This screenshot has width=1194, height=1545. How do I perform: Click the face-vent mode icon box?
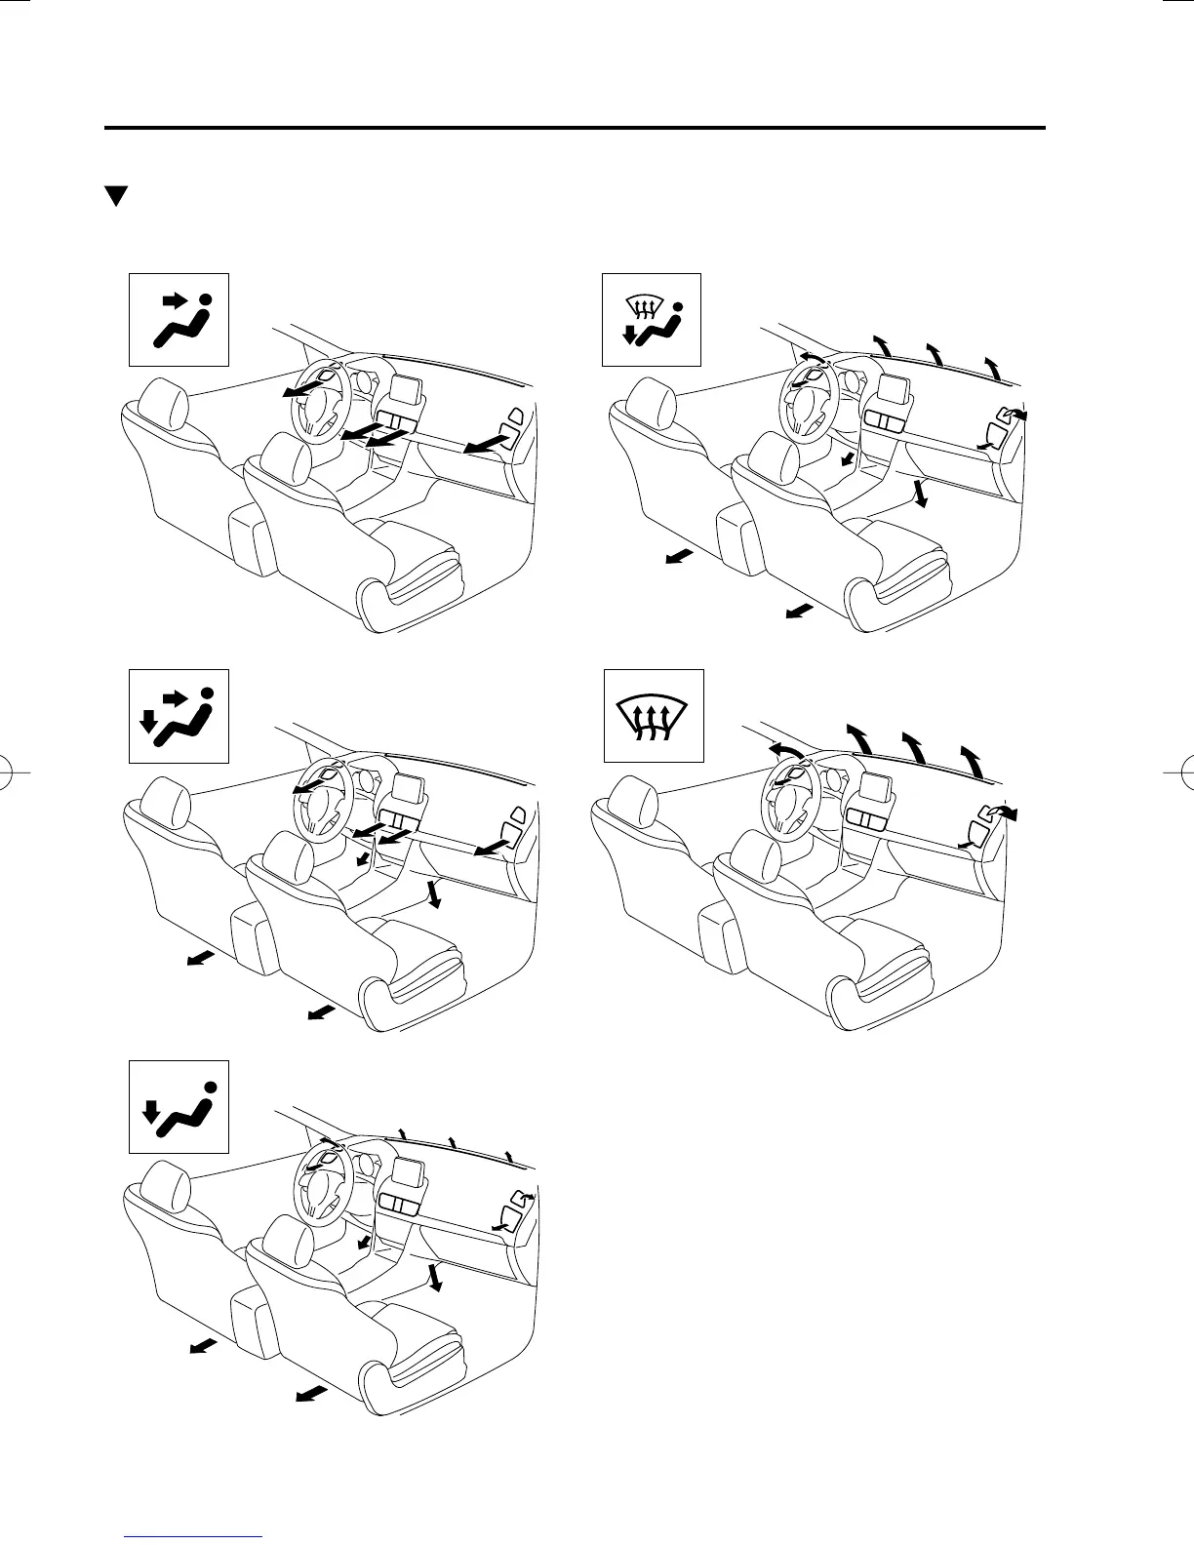pos(179,319)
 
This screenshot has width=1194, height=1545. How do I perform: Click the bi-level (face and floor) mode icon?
pos(179,715)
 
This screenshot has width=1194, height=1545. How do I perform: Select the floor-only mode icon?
pos(179,1105)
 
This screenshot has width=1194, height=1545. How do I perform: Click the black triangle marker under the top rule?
pos(117,196)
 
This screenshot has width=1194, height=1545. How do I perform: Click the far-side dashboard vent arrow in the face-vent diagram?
pos(484,446)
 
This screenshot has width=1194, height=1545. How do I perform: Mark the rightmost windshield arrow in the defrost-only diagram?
pos(972,761)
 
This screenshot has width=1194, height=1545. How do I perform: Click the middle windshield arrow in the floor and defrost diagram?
pos(935,353)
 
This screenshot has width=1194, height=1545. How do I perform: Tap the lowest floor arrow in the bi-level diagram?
pos(321,1014)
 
